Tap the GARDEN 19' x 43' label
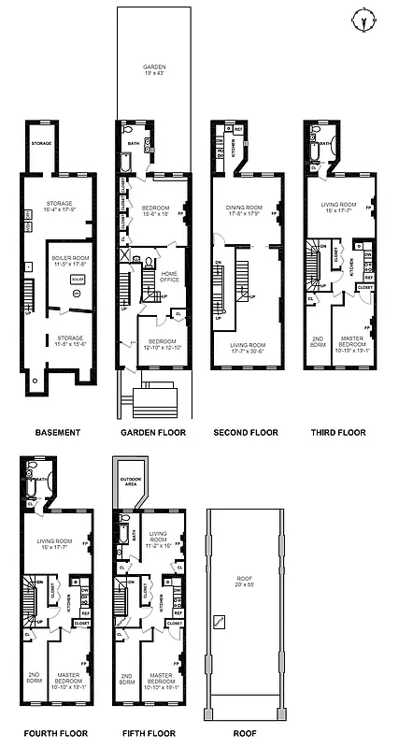(153, 70)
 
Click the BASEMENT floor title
(56, 432)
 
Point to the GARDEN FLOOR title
(153, 432)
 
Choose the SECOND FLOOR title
(246, 432)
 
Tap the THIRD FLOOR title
(338, 432)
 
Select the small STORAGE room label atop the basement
(40, 143)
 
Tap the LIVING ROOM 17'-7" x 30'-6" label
(247, 348)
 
